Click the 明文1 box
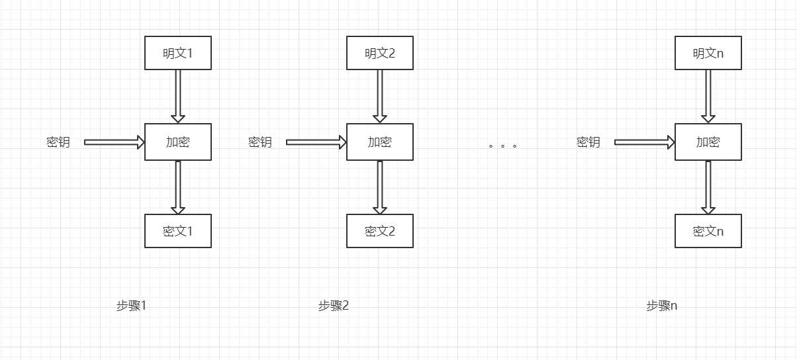coord(178,53)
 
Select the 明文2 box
coord(380,53)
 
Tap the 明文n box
coord(708,53)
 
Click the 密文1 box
coord(178,231)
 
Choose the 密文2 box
coord(380,231)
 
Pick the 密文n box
coord(708,231)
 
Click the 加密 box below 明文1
coord(178,142)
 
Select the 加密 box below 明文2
coord(380,142)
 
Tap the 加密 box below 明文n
coord(708,142)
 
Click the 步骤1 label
coord(131,306)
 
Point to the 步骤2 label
coord(334,306)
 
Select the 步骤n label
coord(661,306)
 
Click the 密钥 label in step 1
coord(58,142)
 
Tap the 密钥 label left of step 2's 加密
coord(259,142)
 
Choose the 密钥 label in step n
coord(588,142)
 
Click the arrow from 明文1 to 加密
coord(178,97)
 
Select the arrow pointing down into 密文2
coord(380,187)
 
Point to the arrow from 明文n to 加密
coord(708,97)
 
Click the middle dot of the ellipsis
coord(502,146)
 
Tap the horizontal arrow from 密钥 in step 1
coord(115,142)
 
